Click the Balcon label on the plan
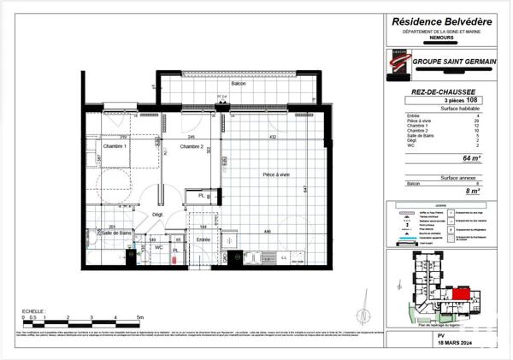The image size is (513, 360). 239,83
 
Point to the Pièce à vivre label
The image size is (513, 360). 276,174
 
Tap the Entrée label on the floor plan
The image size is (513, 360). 203,240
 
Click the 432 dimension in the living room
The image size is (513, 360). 274,137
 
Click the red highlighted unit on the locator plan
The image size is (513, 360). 461,294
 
